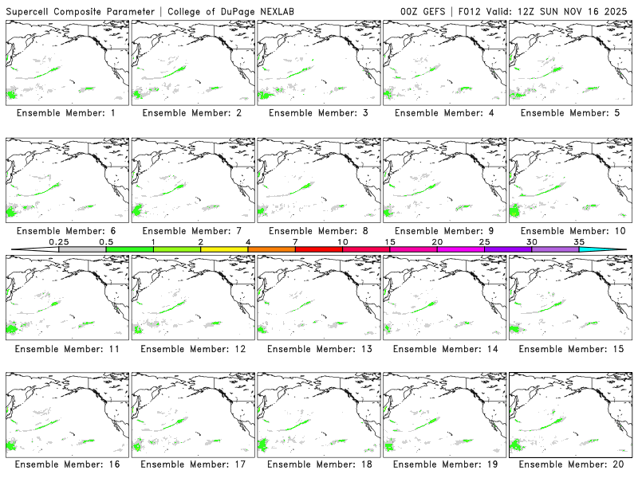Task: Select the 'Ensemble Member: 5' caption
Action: [569, 113]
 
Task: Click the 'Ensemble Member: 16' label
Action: [69, 465]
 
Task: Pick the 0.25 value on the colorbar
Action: [58, 241]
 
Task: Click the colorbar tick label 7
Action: [295, 241]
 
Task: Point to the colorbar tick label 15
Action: [389, 241]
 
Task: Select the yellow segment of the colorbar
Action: [224, 249]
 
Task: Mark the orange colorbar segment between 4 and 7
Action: [271, 249]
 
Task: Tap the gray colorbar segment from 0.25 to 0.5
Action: [82, 249]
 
